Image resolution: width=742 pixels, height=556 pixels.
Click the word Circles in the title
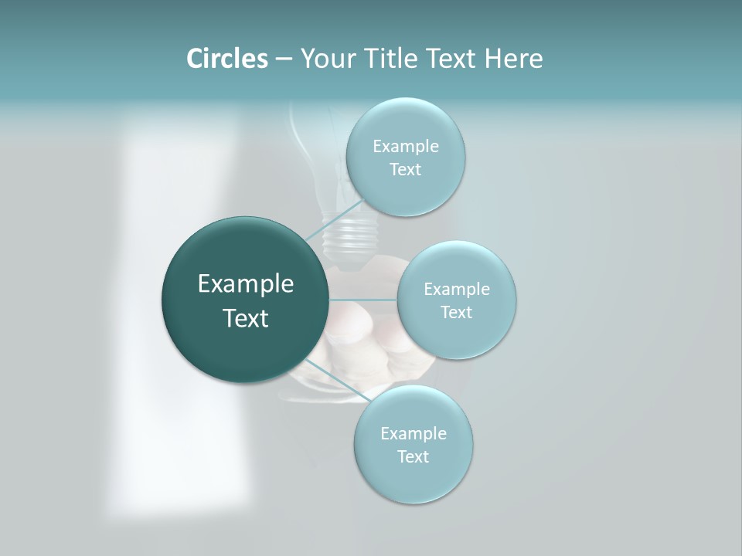coord(226,59)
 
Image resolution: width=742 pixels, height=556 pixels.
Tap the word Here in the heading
coord(513,59)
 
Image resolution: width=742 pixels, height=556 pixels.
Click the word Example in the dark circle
coord(246,284)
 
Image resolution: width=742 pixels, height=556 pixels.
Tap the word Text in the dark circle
coord(246,318)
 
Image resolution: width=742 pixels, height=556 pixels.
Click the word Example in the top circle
coord(406,147)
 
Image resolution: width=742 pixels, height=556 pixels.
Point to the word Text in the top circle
coord(405,170)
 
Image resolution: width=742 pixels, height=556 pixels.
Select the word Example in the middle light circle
coord(457,290)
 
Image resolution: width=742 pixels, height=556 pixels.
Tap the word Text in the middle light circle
coord(456,313)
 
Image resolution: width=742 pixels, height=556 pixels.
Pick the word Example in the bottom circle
coord(414,434)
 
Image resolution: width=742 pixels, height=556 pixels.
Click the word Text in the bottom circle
coord(413,457)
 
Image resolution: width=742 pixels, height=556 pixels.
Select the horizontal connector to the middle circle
coord(362,299)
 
